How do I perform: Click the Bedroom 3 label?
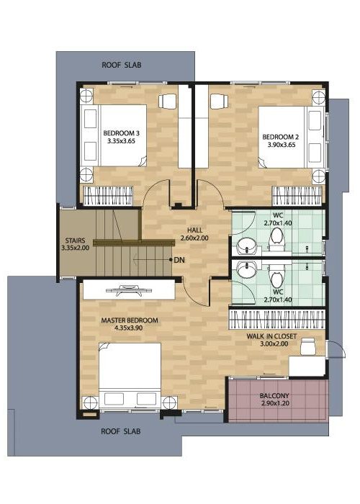[121, 132]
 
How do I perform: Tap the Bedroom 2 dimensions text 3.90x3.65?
[282, 145]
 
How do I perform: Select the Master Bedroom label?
[130, 320]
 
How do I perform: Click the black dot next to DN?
[171, 259]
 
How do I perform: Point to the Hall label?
[195, 230]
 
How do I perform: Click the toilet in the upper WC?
[276, 240]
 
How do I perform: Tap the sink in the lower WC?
[247, 269]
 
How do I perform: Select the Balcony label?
[274, 396]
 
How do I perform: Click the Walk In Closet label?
[271, 336]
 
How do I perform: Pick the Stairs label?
[75, 240]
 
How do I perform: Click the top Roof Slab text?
[122, 65]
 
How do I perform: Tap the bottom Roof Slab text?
[121, 431]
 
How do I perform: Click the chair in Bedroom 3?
[168, 101]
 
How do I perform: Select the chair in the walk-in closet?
[309, 346]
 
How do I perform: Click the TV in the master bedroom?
[129, 290]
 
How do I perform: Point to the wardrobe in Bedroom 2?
[297, 196]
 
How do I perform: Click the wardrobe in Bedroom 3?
[108, 196]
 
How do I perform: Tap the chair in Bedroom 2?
[219, 101]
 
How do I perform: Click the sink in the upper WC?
[247, 247]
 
